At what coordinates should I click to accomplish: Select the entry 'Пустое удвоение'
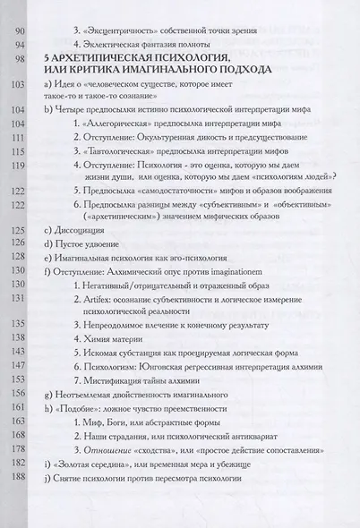(87, 244)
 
